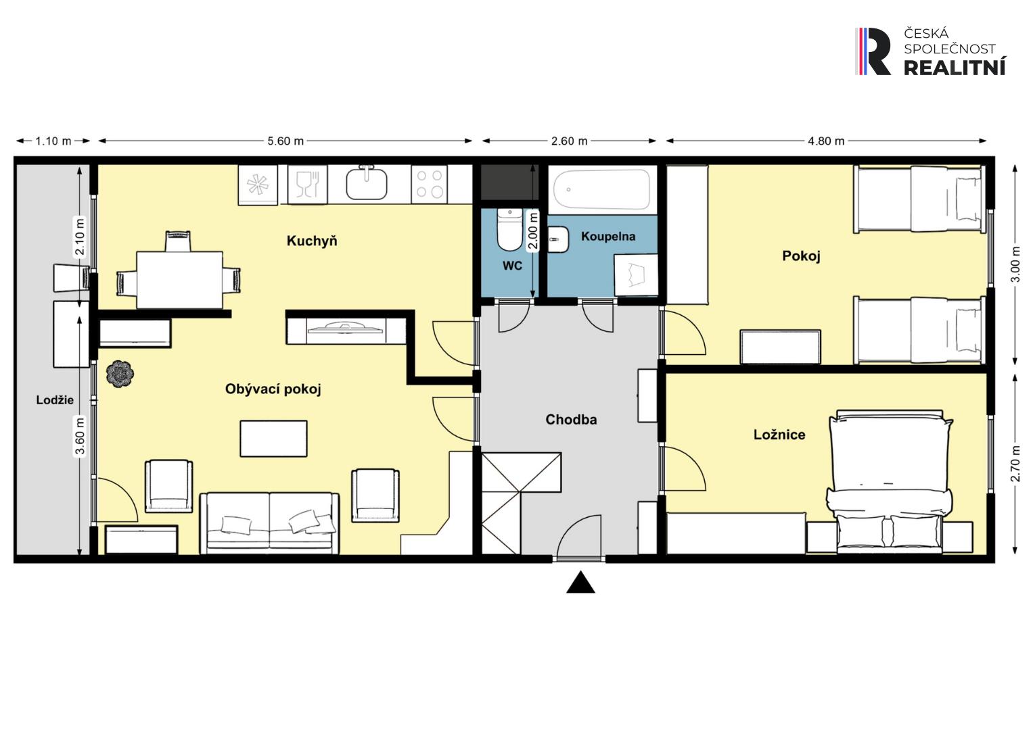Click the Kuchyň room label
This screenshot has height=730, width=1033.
tap(312, 241)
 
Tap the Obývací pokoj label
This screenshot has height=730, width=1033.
tap(273, 389)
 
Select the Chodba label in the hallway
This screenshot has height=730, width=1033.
tap(571, 419)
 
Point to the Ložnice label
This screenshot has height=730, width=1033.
tap(779, 435)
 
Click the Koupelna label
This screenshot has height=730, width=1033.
tap(607, 237)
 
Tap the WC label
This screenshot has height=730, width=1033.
tap(512, 266)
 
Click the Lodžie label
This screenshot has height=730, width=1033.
tap(55, 400)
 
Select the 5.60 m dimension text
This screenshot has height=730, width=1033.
tap(285, 141)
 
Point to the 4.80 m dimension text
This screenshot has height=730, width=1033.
tap(826, 141)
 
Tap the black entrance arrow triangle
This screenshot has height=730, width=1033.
tap(580, 582)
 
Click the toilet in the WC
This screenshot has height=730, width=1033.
tap(509, 229)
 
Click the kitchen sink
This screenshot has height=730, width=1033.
tap(367, 183)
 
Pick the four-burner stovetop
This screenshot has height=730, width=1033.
tap(430, 185)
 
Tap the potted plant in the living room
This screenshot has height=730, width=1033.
tap(120, 373)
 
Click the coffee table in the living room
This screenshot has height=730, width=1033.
tap(273, 439)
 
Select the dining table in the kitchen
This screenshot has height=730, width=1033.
tap(179, 280)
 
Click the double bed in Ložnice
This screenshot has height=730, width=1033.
tap(889, 481)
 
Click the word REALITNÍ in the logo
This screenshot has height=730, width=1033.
tap(955, 68)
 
